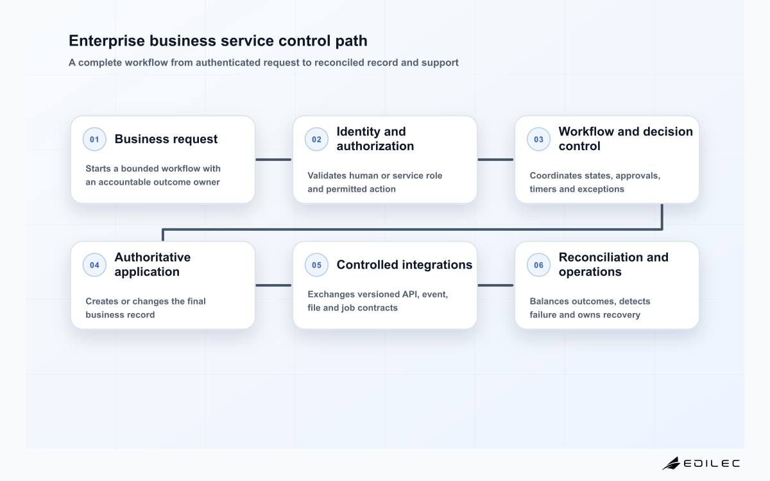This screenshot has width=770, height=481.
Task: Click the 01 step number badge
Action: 94,139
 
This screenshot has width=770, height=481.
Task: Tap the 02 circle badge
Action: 316,139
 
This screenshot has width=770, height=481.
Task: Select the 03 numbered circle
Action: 538,139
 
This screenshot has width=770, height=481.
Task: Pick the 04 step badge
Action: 94,265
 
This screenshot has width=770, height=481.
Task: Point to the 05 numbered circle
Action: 316,265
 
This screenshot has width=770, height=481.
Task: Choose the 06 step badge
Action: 538,265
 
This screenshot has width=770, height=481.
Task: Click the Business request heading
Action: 166,139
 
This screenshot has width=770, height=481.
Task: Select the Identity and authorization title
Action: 375,139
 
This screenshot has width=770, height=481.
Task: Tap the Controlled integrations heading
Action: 404,265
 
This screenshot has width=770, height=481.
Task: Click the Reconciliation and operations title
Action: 613,264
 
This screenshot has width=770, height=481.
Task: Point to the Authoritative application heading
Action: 152,264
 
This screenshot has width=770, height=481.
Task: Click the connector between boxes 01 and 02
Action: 273,160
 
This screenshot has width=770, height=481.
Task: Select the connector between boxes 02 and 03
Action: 495,160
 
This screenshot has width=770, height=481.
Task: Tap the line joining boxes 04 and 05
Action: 273,285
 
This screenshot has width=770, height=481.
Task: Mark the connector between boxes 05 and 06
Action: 495,285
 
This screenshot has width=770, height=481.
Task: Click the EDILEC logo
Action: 701,464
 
